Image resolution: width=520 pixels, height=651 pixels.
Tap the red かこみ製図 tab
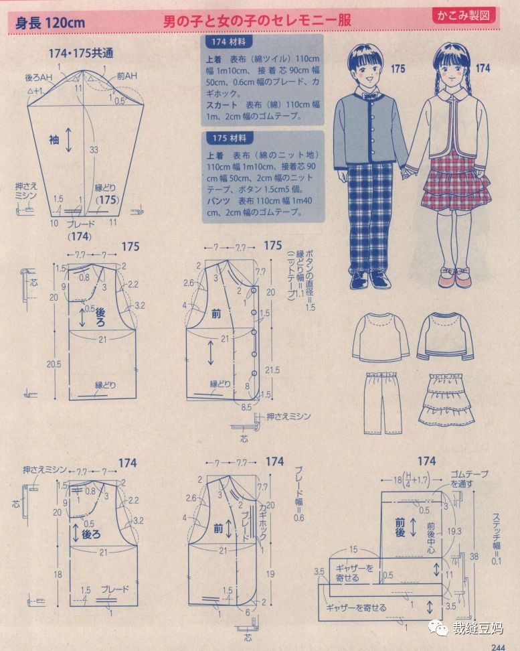tap(462, 14)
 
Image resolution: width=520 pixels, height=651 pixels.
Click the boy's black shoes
tap(369, 278)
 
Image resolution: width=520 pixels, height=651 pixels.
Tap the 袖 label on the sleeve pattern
tap(54, 139)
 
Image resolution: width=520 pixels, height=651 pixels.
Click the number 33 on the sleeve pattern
tap(94, 148)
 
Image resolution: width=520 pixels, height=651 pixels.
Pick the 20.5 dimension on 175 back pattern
tap(56, 364)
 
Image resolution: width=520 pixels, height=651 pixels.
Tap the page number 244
tap(497, 646)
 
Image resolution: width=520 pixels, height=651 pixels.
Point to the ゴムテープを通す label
tap(469, 478)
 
